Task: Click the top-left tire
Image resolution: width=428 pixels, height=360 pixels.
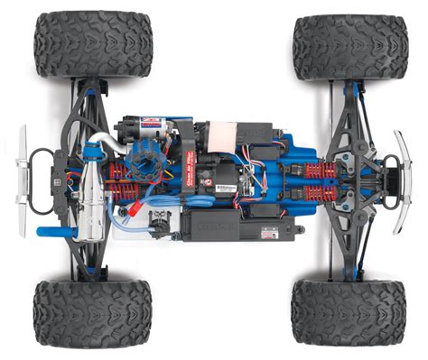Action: pos(92,44)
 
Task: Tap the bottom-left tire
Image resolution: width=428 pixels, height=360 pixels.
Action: pos(90,313)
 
